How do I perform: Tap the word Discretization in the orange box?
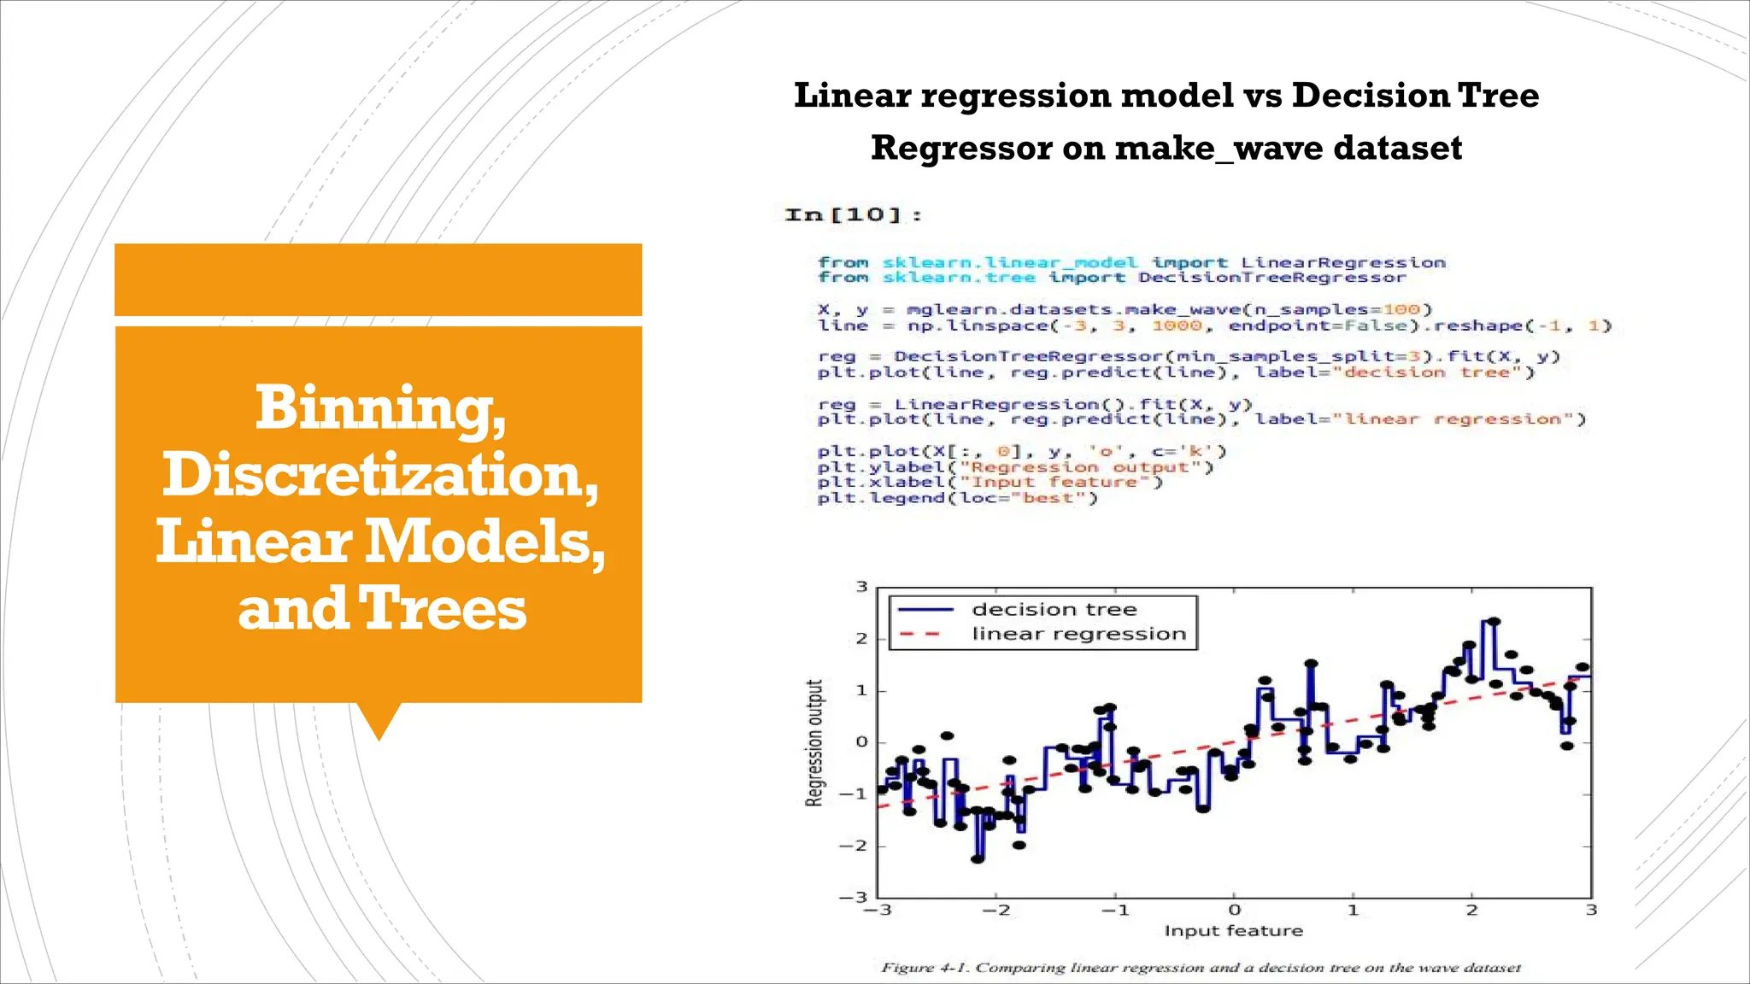pyautogui.click(x=380, y=475)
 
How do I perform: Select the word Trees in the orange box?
pyautogui.click(x=442, y=609)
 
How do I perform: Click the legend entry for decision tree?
pyautogui.click(x=1054, y=610)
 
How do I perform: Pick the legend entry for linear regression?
pyautogui.click(x=1078, y=634)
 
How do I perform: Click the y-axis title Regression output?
pyautogui.click(x=815, y=742)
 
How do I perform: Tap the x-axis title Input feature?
pyautogui.click(x=1233, y=931)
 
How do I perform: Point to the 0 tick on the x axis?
pyautogui.click(x=1234, y=911)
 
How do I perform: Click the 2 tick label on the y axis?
pyautogui.click(x=861, y=639)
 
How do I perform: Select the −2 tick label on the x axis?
pyautogui.click(x=995, y=911)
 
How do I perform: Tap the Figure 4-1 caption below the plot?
pyautogui.click(x=1201, y=968)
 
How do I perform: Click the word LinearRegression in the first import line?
pyautogui.click(x=1342, y=262)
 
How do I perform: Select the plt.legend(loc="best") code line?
pyautogui.click(x=957, y=498)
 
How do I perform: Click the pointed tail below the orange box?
pyautogui.click(x=378, y=721)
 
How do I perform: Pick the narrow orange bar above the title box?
pyautogui.click(x=378, y=279)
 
